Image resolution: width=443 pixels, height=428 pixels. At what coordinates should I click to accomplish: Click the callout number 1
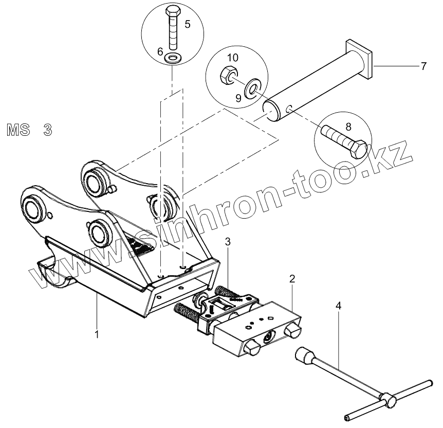(96, 334)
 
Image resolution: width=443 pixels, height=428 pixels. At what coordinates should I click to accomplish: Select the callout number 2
(292, 279)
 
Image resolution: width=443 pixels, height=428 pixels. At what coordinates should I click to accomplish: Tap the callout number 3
(227, 241)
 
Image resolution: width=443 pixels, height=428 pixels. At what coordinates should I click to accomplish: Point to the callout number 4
(338, 306)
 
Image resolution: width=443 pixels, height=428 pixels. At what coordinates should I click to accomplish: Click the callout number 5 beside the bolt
(187, 24)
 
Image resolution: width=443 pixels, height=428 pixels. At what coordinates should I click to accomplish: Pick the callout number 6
(160, 51)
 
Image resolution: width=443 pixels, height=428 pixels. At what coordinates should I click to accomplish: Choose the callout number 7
(423, 66)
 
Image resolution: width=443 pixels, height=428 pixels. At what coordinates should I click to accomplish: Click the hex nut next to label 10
(227, 77)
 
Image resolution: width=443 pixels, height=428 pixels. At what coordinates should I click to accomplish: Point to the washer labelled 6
(173, 57)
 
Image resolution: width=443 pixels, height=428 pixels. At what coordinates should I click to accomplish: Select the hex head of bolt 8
(358, 149)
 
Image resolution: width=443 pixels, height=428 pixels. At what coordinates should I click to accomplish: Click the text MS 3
(29, 129)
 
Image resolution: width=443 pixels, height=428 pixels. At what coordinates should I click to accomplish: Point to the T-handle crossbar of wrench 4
(388, 399)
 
